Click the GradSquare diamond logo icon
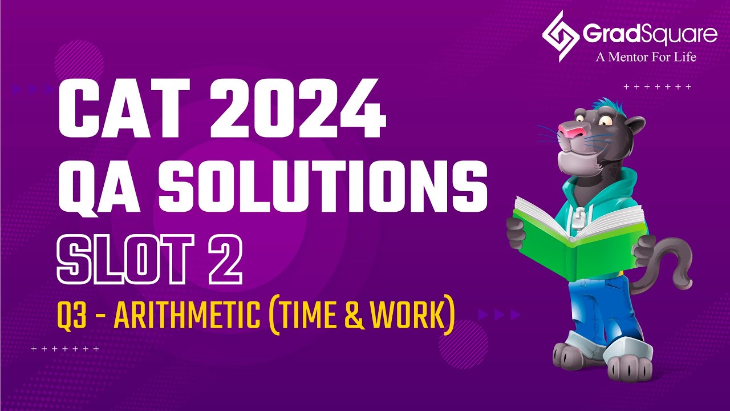(561, 35)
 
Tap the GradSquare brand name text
(650, 34)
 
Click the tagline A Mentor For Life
(646, 57)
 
